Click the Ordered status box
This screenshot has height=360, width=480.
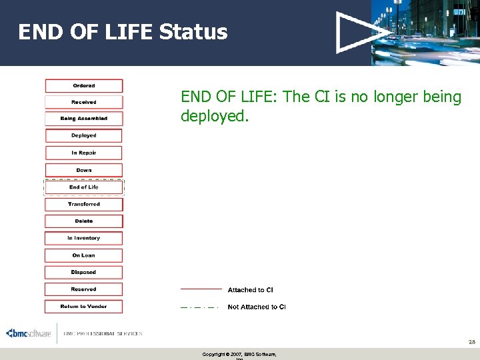point(84,85)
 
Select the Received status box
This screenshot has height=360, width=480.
point(84,102)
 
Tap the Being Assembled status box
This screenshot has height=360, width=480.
point(84,119)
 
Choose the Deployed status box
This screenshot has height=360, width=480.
point(84,135)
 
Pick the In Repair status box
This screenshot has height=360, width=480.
point(84,153)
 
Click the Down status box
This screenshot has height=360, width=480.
point(84,170)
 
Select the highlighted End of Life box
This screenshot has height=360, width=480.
point(84,187)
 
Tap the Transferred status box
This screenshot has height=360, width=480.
point(84,204)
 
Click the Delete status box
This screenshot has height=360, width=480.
point(84,221)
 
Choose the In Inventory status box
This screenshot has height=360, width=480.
point(84,238)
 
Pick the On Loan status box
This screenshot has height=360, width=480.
point(84,255)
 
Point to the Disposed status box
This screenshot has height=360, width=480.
point(84,272)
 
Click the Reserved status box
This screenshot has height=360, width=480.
point(84,289)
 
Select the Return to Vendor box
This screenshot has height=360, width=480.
point(84,307)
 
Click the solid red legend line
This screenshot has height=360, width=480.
point(201,289)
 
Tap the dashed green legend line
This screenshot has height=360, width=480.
point(199,307)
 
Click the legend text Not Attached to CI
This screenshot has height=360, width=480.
point(257,307)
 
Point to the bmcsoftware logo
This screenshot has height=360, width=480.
point(29,333)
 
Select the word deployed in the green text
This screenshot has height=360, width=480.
point(213,117)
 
